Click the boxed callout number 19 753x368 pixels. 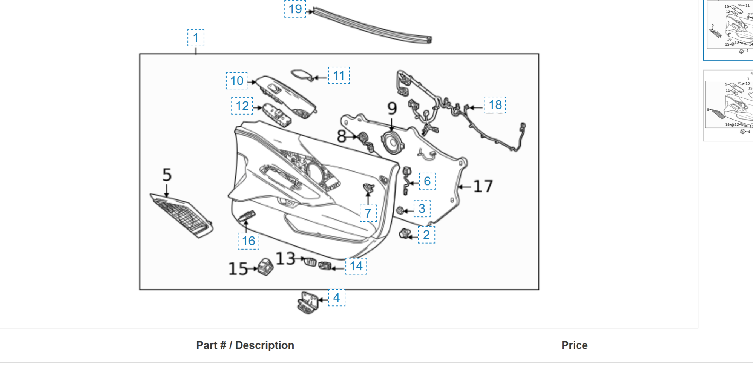(295, 9)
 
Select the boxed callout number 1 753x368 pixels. (196, 38)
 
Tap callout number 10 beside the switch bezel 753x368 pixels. (236, 81)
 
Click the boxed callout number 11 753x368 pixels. (339, 75)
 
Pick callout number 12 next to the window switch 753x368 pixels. (242, 106)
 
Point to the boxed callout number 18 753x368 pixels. (495, 105)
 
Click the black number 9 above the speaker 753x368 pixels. (392, 109)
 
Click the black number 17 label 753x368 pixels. (483, 186)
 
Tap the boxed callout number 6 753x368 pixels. (427, 181)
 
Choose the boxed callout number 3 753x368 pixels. (422, 209)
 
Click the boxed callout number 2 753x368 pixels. (426, 235)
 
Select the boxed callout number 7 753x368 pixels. (368, 213)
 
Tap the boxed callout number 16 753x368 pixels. (248, 241)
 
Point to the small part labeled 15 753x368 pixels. (265, 267)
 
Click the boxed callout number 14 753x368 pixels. (356, 266)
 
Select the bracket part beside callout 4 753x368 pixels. (308, 302)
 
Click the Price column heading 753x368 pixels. (574, 345)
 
